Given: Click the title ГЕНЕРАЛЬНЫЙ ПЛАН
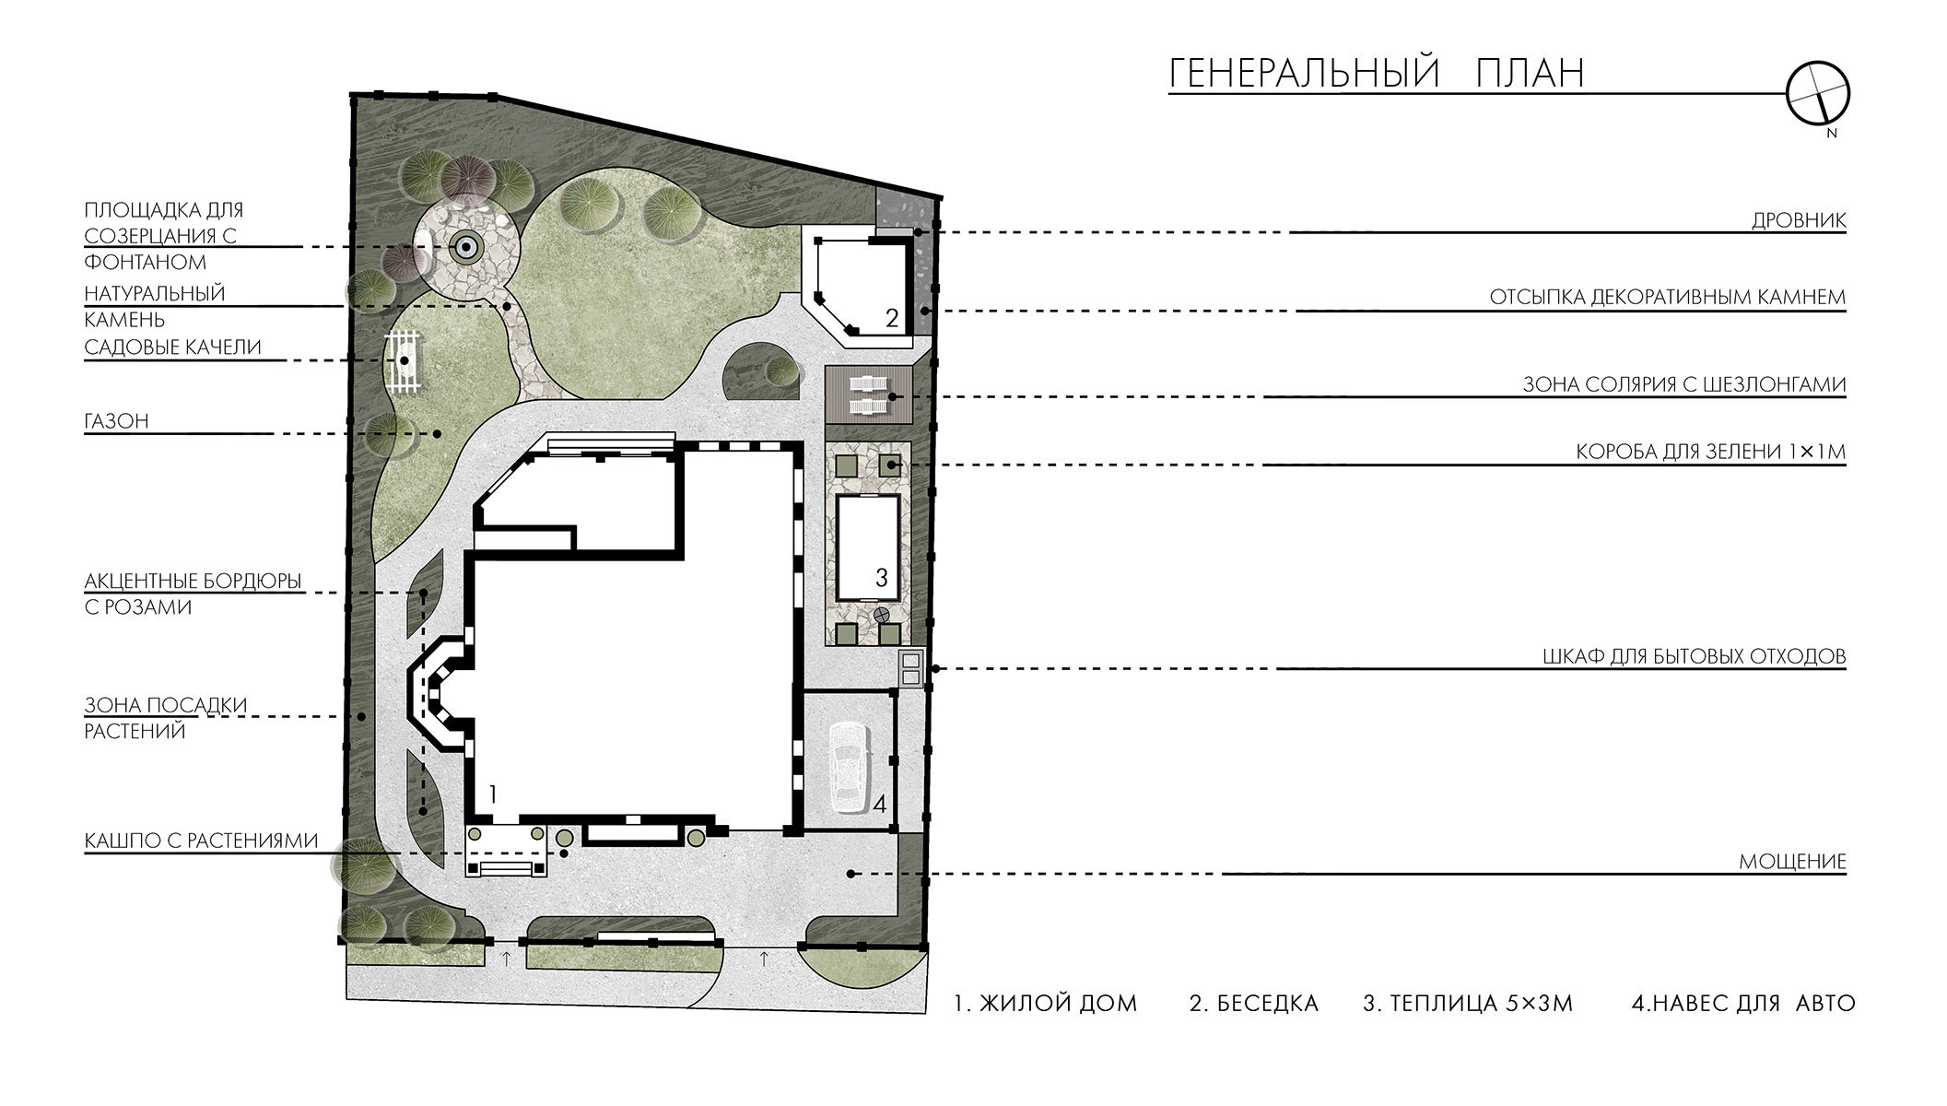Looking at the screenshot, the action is [x=1377, y=73].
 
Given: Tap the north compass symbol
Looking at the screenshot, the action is [x=1818, y=93].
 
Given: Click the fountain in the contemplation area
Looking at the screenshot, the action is [x=465, y=246].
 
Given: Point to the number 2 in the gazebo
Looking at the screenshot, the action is [x=891, y=318].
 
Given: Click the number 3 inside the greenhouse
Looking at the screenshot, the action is [x=881, y=578].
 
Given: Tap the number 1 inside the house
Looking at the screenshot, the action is [x=494, y=794].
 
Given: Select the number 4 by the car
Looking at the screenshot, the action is [x=880, y=805].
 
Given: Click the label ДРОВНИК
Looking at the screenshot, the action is [x=1799, y=221].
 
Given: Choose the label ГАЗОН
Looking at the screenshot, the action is [x=116, y=421].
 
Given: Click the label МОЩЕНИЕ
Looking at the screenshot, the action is [x=1792, y=862].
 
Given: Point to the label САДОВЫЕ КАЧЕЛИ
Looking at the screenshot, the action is [x=173, y=347].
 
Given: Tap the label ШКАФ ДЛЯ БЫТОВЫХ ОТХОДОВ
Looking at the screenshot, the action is [x=1694, y=656].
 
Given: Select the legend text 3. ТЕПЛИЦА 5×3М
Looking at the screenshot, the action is [x=1468, y=1004].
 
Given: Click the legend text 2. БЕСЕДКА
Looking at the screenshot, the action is [x=1254, y=1004].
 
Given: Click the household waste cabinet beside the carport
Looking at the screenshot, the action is [x=910, y=668].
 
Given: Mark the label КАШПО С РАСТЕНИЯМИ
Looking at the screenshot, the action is [x=201, y=841].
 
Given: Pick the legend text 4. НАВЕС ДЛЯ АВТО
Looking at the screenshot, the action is [x=1742, y=1004].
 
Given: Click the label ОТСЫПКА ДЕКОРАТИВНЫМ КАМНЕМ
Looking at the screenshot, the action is [x=1668, y=297].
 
